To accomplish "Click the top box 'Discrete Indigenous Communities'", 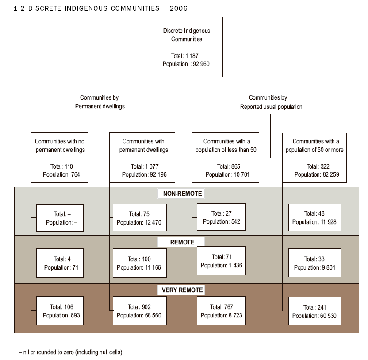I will (188, 47).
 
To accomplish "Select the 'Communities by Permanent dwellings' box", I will (99, 102).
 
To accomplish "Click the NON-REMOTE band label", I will (183, 194).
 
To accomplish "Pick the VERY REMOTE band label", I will (182, 290).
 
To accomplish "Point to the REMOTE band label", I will (182, 242).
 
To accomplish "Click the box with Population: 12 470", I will (140, 217).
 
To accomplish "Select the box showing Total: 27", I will (221, 217).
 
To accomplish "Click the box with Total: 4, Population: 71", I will (59, 263).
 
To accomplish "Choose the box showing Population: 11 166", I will (140, 263).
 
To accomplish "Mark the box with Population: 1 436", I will (221, 261).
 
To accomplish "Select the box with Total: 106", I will (59, 311).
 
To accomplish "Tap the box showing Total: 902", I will (140, 311).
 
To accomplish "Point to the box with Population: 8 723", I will (221, 311).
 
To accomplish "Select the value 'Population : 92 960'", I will (186, 64).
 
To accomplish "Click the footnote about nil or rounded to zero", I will (70, 352).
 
